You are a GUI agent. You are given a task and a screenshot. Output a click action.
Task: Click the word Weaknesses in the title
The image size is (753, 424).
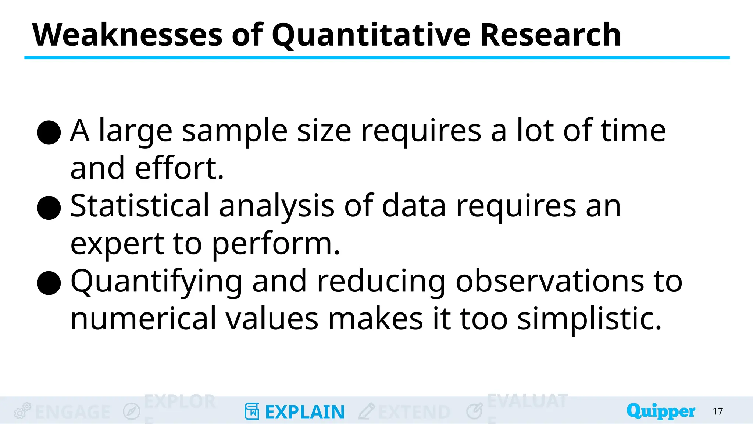(x=127, y=35)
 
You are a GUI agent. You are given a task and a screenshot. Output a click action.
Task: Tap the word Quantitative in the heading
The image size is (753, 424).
(x=371, y=36)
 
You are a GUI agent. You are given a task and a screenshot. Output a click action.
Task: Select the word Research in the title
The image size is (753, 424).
(x=550, y=35)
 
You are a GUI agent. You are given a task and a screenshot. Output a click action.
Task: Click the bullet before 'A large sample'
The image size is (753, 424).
(x=49, y=132)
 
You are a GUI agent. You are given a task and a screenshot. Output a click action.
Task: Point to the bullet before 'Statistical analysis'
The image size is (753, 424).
(x=49, y=208)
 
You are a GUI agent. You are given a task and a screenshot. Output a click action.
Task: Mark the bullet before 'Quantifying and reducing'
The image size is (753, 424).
(x=49, y=283)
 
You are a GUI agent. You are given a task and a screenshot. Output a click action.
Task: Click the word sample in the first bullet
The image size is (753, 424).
(x=235, y=132)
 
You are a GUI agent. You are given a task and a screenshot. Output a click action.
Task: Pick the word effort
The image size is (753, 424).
(x=179, y=168)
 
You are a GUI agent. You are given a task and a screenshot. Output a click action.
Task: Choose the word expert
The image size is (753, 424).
(x=117, y=244)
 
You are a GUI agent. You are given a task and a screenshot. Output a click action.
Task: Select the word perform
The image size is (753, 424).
(x=276, y=244)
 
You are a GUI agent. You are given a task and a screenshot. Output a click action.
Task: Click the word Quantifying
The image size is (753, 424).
(x=156, y=282)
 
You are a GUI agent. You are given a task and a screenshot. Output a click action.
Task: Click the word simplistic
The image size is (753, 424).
(x=589, y=319)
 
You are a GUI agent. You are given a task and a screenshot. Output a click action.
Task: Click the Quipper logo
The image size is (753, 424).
(x=661, y=411)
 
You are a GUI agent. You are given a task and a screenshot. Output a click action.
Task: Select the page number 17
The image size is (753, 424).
(x=718, y=411)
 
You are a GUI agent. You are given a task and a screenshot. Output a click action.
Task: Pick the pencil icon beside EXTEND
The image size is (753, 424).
(x=367, y=411)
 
